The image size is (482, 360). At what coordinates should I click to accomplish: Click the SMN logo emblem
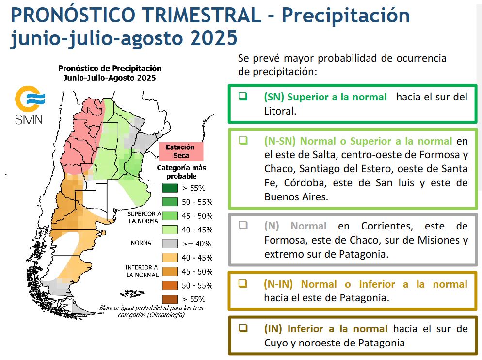30,98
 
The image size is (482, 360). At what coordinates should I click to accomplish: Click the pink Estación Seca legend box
181,151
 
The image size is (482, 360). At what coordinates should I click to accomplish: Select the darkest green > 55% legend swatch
170,188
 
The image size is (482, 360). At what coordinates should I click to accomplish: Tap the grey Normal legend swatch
170,244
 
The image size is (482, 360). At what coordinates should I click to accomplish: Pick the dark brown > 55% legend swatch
170,299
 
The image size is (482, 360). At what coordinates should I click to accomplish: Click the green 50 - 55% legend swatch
170,202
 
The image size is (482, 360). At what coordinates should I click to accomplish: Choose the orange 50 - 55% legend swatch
170,286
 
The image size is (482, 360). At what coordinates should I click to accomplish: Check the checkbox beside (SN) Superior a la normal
243,97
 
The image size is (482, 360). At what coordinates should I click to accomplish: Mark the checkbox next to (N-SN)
243,140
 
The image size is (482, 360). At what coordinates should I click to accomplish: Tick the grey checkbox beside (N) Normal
243,225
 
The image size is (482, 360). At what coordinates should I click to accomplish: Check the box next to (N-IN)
243,283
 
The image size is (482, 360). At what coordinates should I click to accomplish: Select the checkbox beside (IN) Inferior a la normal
243,328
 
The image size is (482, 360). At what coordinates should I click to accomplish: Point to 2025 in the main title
214,38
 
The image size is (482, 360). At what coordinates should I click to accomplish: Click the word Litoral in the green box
280,111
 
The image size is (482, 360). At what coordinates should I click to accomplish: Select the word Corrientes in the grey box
387,226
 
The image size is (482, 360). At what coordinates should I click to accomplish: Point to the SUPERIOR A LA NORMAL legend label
144,217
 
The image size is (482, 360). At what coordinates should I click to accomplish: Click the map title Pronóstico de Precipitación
110,68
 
